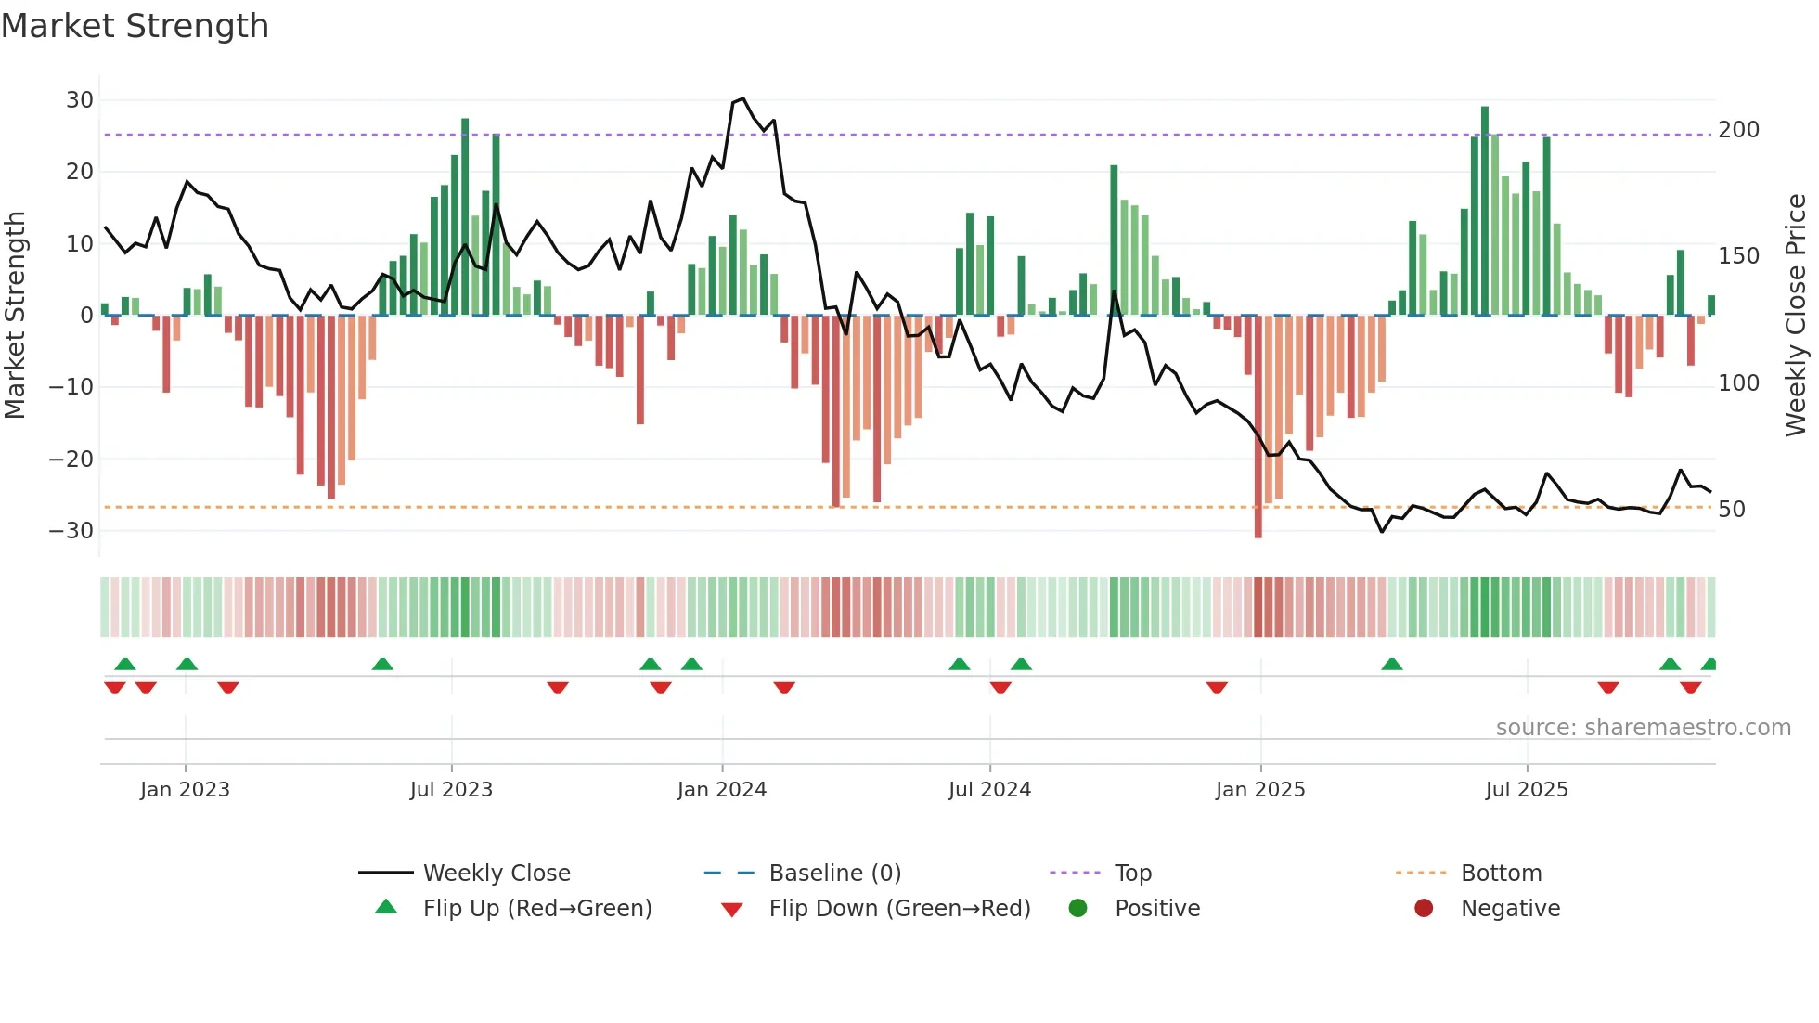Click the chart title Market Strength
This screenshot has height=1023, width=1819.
(x=135, y=26)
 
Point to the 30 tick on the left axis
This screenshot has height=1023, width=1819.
(x=80, y=100)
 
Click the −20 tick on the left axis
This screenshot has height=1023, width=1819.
(x=71, y=459)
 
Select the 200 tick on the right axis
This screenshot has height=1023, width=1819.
(x=1738, y=130)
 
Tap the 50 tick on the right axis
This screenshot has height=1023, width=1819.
(x=1732, y=510)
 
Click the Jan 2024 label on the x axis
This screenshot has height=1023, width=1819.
(x=721, y=790)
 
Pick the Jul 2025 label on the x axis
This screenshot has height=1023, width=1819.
(x=1526, y=790)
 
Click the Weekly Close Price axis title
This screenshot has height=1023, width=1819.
(x=1796, y=316)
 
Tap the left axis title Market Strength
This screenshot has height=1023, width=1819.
(x=16, y=316)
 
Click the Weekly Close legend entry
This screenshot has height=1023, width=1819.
(x=497, y=874)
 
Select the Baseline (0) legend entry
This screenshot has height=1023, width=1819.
(x=834, y=874)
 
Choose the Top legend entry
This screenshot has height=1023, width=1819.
(x=1132, y=874)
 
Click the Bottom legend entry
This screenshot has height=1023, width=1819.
(x=1501, y=874)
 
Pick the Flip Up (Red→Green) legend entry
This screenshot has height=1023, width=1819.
(x=536, y=909)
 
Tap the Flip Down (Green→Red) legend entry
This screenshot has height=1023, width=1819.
(x=899, y=909)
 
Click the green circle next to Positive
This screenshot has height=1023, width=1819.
(x=1077, y=909)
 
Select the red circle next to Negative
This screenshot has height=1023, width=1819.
(x=1424, y=909)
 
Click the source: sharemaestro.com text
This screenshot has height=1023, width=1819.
(x=1643, y=728)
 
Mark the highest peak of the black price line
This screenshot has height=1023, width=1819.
(x=742, y=98)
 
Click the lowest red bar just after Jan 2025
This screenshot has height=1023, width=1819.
(x=1258, y=534)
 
